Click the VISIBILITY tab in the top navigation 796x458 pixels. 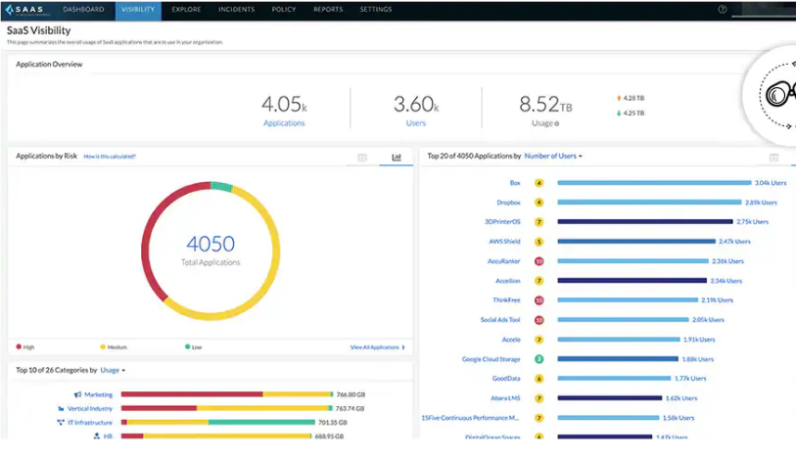[x=138, y=10]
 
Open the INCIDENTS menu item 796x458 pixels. [x=238, y=10]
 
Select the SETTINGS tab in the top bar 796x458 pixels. [x=375, y=10]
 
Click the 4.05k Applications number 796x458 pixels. [x=284, y=104]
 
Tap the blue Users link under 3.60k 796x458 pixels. [x=416, y=123]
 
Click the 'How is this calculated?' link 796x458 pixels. [x=110, y=157]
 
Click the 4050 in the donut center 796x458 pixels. [x=210, y=245]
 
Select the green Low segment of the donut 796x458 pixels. [x=221, y=186]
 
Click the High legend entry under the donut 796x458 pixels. [x=27, y=347]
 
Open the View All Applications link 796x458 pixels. [x=376, y=347]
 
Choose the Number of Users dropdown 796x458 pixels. [x=553, y=156]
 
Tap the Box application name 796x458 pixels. [x=514, y=183]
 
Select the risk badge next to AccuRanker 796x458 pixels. [x=539, y=261]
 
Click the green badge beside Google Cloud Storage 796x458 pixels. [x=539, y=359]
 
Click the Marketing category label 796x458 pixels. [x=98, y=394]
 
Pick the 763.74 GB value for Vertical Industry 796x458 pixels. [x=351, y=408]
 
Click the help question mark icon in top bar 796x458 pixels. [x=723, y=10]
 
